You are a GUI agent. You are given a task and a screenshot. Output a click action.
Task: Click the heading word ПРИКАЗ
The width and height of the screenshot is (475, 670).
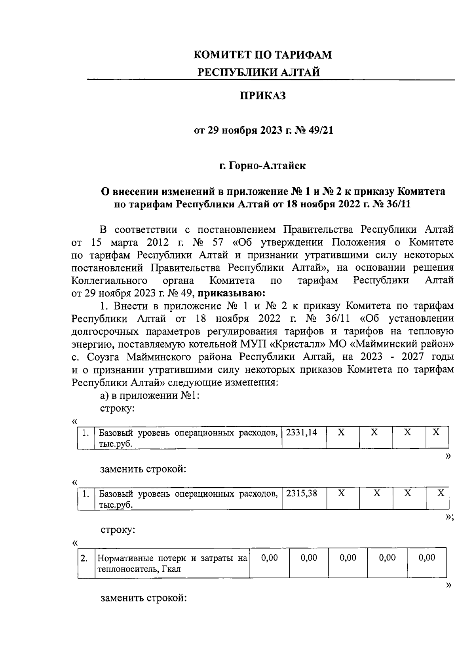pos(262,96)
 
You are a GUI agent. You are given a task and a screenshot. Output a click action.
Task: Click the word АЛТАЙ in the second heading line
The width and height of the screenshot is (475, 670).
pos(300,72)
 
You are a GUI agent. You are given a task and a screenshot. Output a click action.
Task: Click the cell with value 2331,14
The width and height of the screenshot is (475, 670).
pos(302,433)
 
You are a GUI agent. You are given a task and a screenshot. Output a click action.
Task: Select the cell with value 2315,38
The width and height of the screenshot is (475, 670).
pos(302,493)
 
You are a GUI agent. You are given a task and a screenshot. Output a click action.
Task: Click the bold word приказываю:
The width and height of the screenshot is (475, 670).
pos(230,293)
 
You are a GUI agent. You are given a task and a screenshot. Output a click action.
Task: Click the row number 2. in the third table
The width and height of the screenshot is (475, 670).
pos(84,558)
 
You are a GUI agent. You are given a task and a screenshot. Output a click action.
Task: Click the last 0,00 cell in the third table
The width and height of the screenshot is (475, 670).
pos(426,558)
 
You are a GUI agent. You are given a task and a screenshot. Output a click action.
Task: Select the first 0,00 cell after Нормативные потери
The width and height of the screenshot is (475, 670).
pos(270,558)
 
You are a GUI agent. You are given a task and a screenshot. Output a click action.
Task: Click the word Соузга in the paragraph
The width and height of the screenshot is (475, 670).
pos(103,357)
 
